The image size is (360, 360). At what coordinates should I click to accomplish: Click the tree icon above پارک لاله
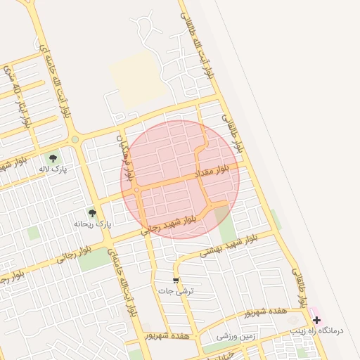point(53,158)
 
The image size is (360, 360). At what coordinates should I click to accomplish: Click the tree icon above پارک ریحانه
point(91,213)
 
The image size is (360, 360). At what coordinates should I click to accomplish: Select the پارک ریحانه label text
point(93,224)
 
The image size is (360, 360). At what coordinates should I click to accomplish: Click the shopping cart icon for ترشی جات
point(176,281)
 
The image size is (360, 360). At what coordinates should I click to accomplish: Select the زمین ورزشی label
point(236,337)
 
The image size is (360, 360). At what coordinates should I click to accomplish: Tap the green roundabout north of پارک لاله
point(75,139)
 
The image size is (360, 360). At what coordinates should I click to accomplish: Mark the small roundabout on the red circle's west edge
point(136,190)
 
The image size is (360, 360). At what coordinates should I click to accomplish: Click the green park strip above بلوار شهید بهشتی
point(226,229)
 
